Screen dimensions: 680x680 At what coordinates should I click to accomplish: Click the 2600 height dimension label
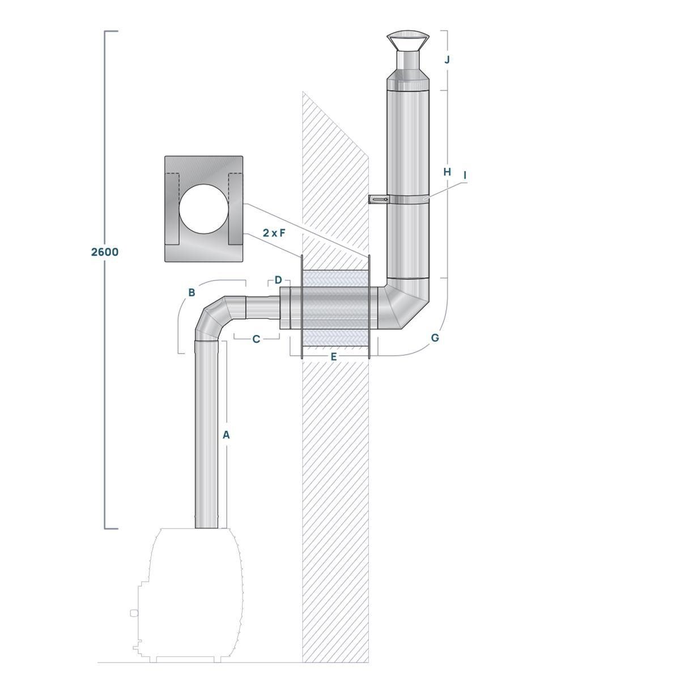(105, 252)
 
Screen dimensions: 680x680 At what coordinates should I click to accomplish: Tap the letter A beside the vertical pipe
(226, 435)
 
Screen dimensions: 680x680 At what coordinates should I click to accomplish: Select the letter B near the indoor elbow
(192, 292)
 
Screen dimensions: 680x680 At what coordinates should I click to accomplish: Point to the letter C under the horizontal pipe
(256, 339)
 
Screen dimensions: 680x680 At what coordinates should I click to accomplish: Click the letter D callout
(278, 280)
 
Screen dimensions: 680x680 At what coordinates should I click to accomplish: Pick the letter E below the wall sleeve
(334, 356)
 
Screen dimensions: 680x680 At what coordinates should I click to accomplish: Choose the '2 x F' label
(274, 232)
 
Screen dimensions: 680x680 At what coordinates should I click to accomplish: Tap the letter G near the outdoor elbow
(435, 338)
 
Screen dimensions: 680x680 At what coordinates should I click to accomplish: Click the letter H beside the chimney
(447, 171)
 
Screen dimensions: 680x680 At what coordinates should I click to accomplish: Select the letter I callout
(465, 176)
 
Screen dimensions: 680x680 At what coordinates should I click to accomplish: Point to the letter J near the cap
(447, 59)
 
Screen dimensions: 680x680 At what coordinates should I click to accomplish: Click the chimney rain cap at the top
(407, 42)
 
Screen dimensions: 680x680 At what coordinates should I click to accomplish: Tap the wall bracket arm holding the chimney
(379, 199)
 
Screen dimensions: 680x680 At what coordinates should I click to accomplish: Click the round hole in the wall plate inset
(203, 209)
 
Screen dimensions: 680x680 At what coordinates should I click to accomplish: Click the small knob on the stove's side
(134, 613)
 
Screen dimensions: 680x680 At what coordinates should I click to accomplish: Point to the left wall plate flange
(301, 306)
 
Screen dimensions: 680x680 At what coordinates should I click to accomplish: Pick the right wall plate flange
(369, 306)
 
